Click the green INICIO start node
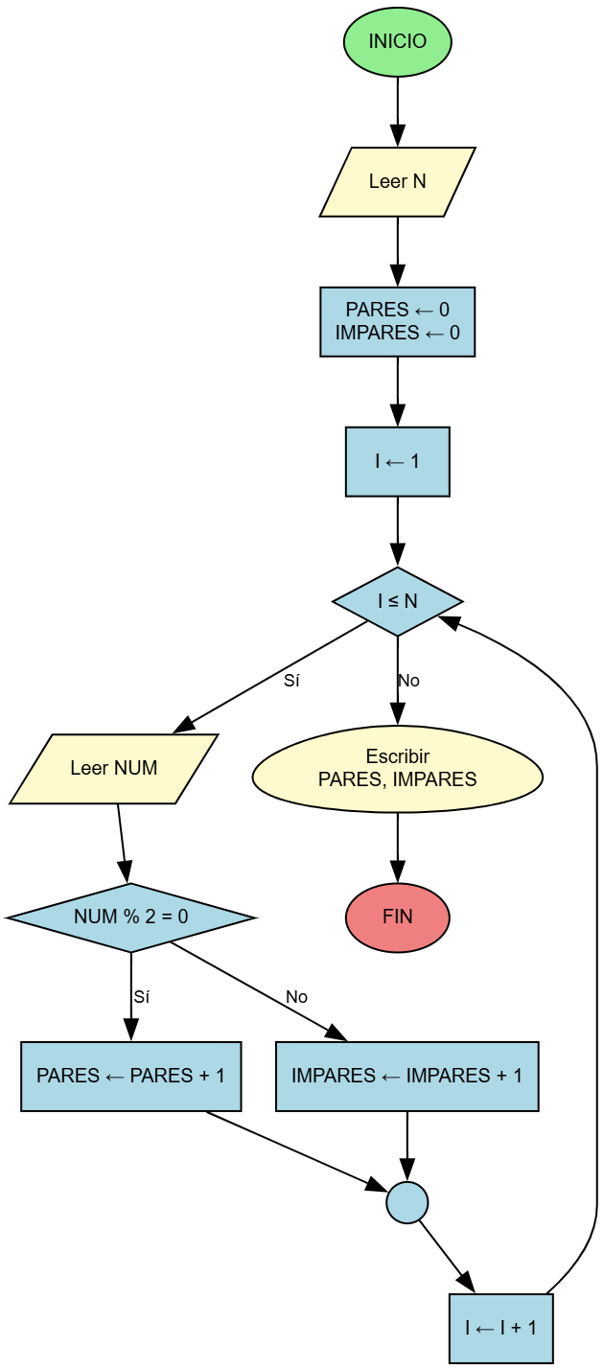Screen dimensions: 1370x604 coord(397,42)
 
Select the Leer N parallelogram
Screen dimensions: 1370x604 coord(397,181)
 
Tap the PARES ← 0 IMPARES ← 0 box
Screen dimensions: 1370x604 coord(397,321)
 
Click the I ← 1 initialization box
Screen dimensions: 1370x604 coord(397,461)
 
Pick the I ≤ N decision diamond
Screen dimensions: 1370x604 coord(397,601)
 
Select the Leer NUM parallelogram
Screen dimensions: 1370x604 coord(113,768)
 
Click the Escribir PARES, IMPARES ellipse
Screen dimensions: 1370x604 coord(397,768)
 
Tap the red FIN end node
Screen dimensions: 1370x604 coord(397,917)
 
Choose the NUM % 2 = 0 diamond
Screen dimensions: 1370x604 coord(130,917)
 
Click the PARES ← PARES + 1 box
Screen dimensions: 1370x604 coord(130,1076)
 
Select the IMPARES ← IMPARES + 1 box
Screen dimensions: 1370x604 coord(407,1076)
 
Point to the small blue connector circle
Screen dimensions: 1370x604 coord(407,1201)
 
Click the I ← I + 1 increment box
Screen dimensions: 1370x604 coord(500,1327)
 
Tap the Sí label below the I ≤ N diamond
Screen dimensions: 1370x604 coord(291,682)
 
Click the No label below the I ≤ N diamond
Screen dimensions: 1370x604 coord(408,682)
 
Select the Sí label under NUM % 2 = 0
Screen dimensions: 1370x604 coord(141,997)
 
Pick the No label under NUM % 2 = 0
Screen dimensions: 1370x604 coord(296,997)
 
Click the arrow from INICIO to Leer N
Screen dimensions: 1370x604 coord(397,110)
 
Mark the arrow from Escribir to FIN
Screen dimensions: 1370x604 coord(397,848)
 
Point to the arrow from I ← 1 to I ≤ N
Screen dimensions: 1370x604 coord(397,531)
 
